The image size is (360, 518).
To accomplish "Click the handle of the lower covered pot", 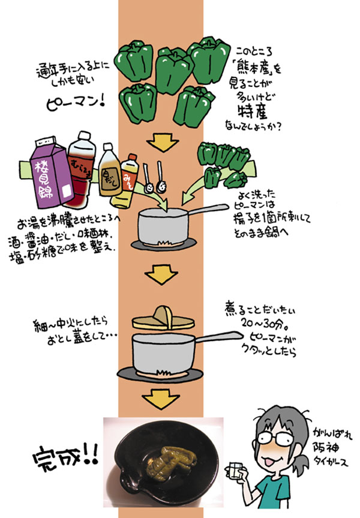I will point(215,338).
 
